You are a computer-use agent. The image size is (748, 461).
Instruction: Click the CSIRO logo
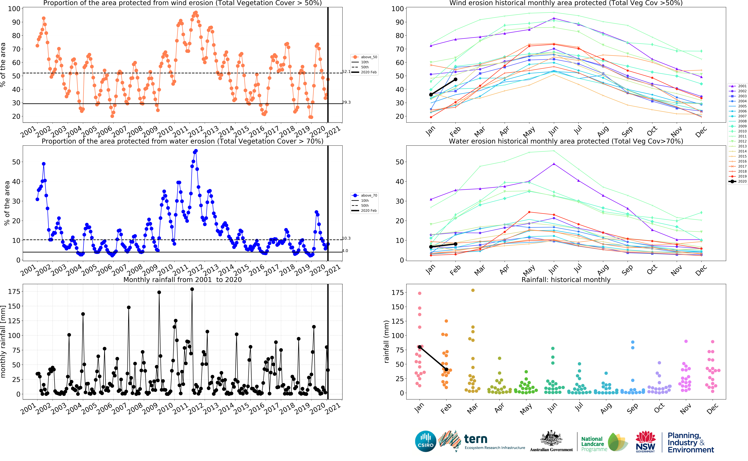[426, 441]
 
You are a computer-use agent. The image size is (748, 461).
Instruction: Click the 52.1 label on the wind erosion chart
[346, 72]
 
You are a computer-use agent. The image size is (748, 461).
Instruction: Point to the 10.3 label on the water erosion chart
[346, 238]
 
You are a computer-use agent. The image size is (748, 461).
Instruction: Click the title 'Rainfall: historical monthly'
[566, 280]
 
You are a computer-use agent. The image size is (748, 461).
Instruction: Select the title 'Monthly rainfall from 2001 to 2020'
[183, 280]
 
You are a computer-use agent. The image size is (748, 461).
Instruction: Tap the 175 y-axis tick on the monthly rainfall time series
[14, 291]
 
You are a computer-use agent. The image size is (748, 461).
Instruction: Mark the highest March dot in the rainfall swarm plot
[473, 290]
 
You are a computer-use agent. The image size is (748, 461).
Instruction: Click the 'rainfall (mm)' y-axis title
[386, 342]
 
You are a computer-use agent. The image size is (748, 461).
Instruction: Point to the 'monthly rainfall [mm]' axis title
[3, 342]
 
